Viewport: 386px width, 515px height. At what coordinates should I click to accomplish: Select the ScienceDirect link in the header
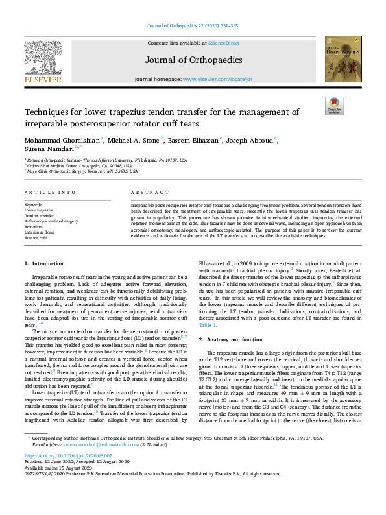(222, 42)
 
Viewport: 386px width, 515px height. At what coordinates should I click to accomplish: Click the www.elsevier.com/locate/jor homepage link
(221, 78)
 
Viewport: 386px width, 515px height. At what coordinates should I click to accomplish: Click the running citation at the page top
(193, 25)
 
